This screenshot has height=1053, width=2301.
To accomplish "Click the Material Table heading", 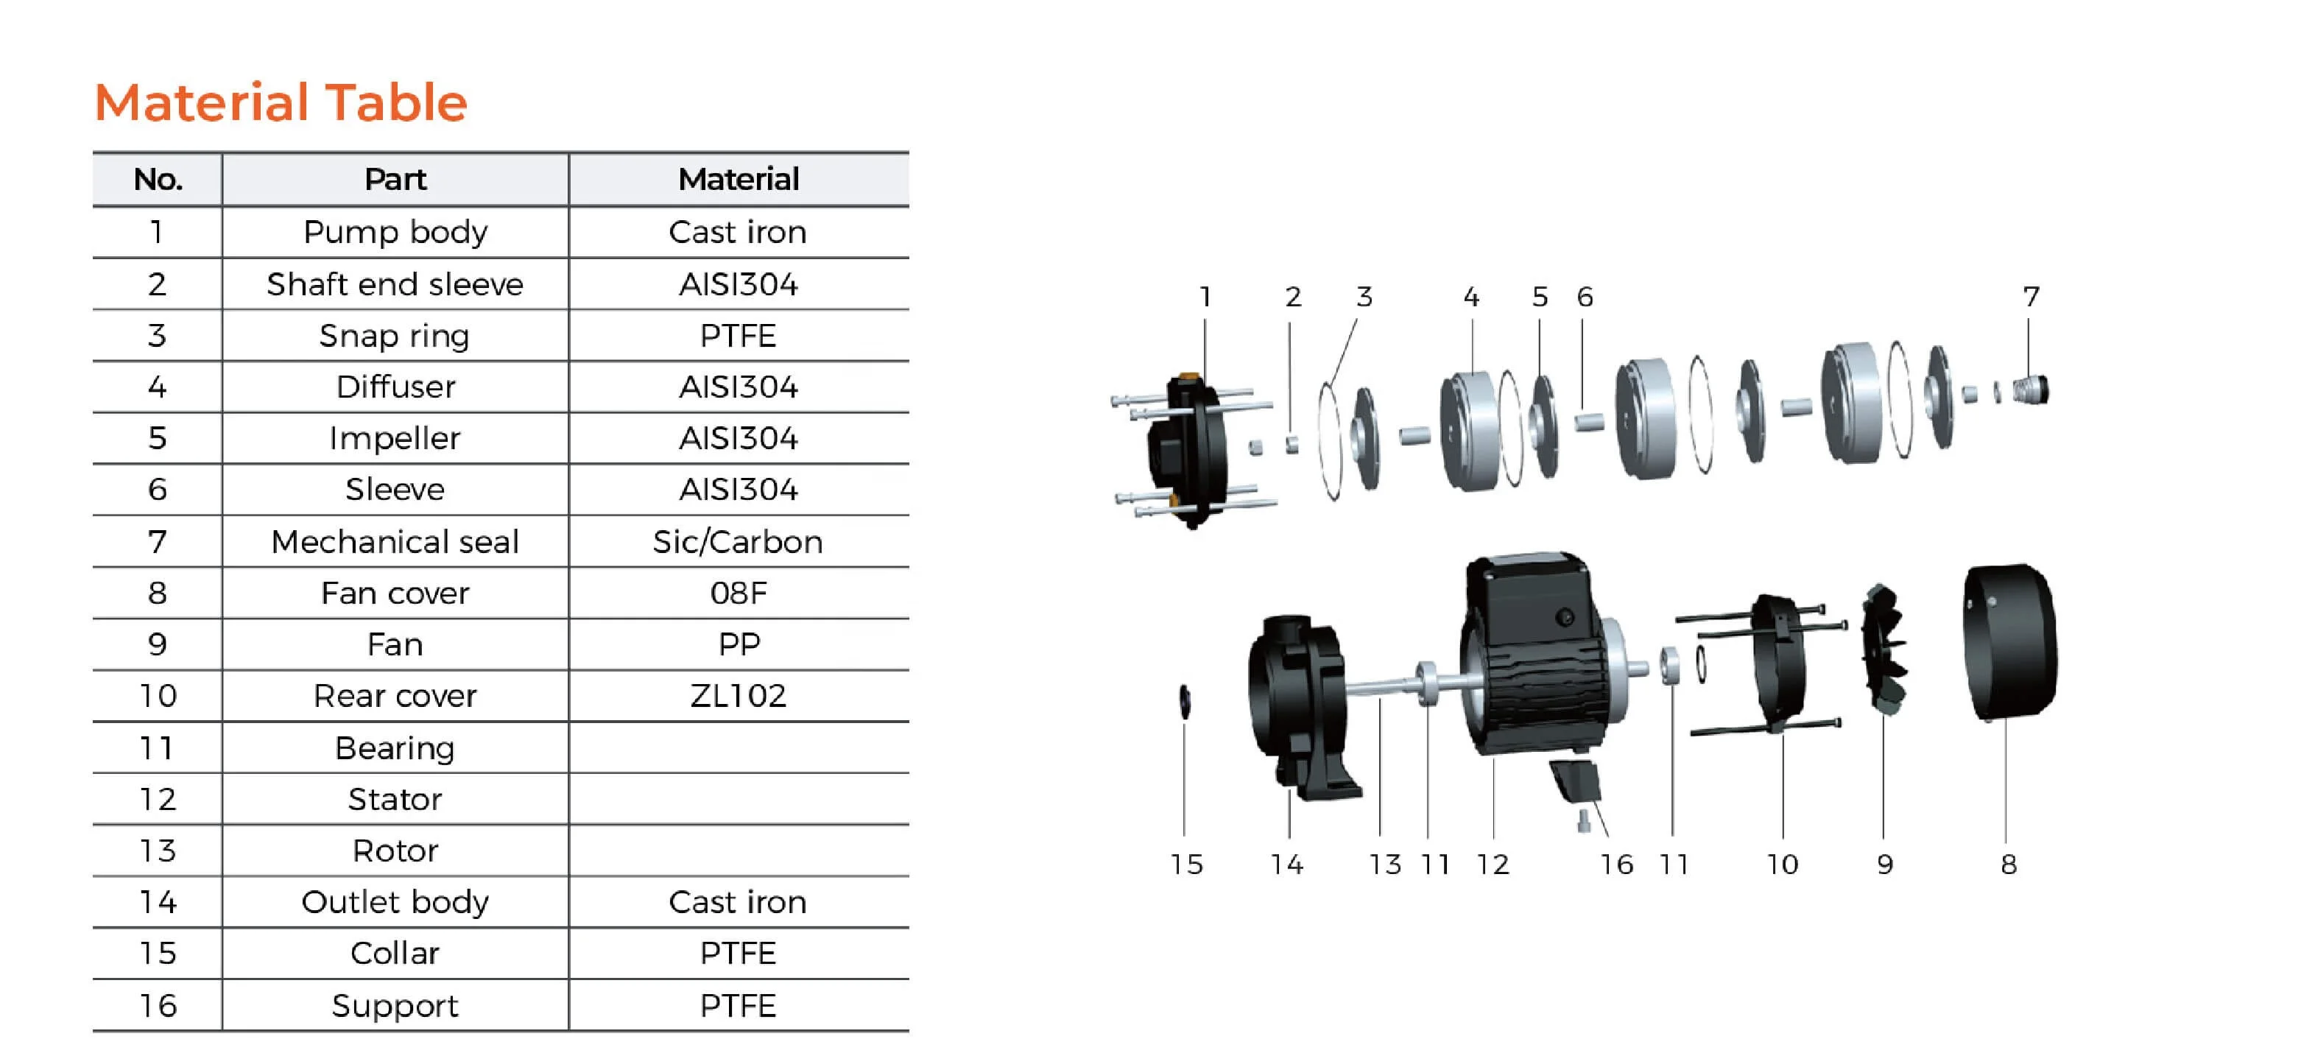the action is [x=281, y=102].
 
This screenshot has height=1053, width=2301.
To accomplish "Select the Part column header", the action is [x=395, y=180].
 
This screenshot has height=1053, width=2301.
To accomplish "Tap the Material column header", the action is [x=738, y=180].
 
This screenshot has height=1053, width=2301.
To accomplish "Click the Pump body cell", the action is [x=395, y=232].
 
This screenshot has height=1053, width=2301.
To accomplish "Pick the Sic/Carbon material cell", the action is [x=738, y=542].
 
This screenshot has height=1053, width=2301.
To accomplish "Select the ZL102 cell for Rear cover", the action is [x=738, y=696].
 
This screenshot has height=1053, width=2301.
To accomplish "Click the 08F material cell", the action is [x=738, y=593].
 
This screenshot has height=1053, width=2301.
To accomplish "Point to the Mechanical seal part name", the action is [x=395, y=542].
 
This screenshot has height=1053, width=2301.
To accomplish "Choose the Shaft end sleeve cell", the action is [x=395, y=284].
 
